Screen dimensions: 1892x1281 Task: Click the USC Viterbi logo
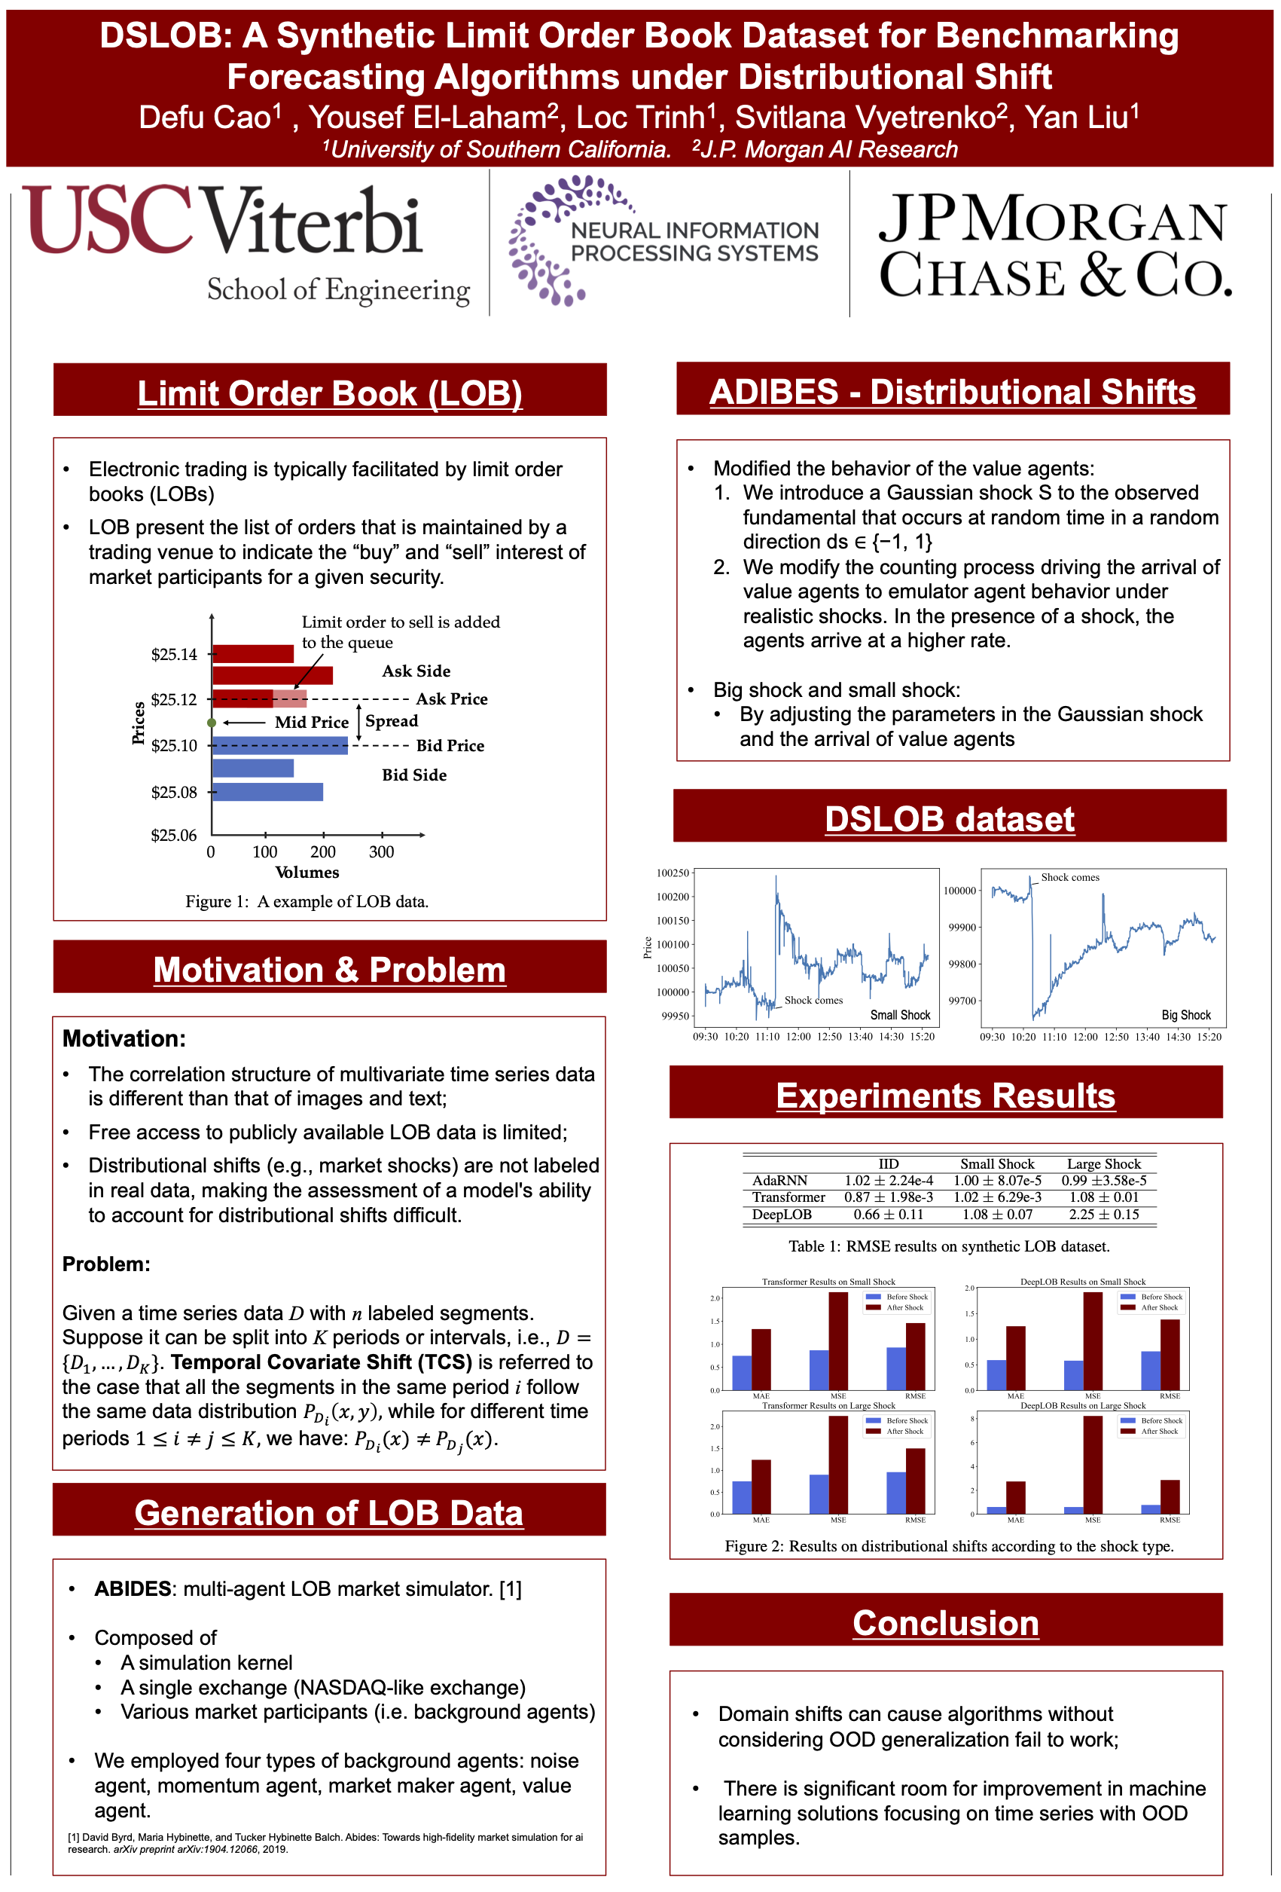pyautogui.click(x=244, y=240)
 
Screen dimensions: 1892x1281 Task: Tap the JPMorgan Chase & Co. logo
pyautogui.click(x=1054, y=244)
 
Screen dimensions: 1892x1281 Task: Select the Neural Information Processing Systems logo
pyautogui.click(x=663, y=241)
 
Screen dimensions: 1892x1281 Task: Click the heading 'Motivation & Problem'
pyautogui.click(x=330, y=969)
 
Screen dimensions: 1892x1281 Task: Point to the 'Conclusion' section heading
pyautogui.click(x=946, y=1622)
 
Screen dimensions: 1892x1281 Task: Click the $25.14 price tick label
pyautogui.click(x=174, y=655)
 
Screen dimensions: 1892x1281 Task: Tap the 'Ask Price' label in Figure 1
pyautogui.click(x=452, y=698)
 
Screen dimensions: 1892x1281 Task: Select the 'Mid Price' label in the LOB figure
pyautogui.click(x=311, y=722)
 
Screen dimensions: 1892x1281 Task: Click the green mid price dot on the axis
pyautogui.click(x=212, y=723)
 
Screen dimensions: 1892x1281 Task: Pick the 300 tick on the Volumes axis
pyautogui.click(x=381, y=851)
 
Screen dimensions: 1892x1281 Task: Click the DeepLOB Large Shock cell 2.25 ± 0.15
pyautogui.click(x=1103, y=1214)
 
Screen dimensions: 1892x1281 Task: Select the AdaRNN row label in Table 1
pyautogui.click(x=779, y=1180)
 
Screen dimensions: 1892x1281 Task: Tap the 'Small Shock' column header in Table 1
pyautogui.click(x=997, y=1163)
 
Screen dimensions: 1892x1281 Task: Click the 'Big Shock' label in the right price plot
pyautogui.click(x=1186, y=1014)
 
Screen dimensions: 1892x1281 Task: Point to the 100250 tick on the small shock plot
pyautogui.click(x=673, y=873)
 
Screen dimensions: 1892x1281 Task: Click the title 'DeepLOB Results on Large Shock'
pyautogui.click(x=1082, y=1405)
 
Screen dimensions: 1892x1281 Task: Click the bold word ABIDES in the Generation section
pyautogui.click(x=133, y=1588)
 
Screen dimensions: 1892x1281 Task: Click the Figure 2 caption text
pyautogui.click(x=949, y=1546)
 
